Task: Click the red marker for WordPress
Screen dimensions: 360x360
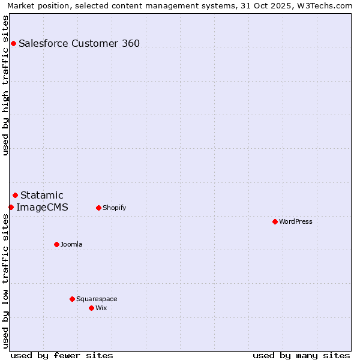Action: [x=275, y=221]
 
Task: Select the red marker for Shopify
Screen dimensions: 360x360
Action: [x=98, y=208]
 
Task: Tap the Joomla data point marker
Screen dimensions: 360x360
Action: [x=56, y=244]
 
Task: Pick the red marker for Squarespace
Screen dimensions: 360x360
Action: [x=72, y=299]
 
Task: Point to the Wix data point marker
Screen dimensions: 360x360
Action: [x=91, y=308]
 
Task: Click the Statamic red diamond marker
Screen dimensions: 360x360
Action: [x=15, y=195]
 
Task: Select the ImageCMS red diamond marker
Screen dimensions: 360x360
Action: [x=11, y=207]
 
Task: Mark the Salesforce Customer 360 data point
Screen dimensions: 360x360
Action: [x=13, y=43]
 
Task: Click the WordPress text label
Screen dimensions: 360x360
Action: [x=296, y=221]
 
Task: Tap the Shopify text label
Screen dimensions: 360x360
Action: [x=114, y=208]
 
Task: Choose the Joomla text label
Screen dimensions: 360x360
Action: [x=71, y=244]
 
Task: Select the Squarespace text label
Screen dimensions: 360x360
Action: [x=97, y=299]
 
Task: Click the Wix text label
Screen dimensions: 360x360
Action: [x=101, y=308]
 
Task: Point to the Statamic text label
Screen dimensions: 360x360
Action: [x=42, y=195]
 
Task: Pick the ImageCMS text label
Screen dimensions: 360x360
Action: [x=42, y=208]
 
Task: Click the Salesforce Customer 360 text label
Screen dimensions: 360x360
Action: [x=79, y=43]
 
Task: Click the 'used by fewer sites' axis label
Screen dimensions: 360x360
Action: [x=62, y=355]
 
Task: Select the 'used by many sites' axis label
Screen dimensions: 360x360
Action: [x=301, y=355]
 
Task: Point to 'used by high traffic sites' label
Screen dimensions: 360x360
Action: [x=5, y=85]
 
